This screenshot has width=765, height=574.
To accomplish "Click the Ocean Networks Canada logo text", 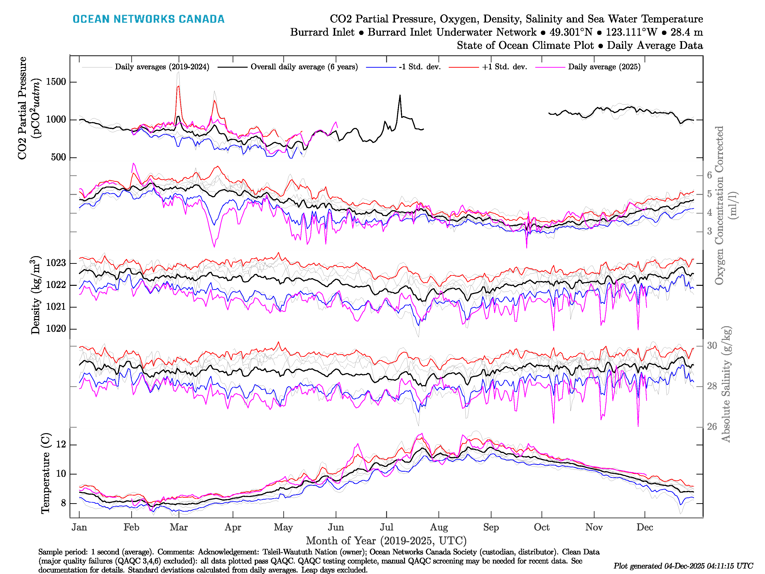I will (148, 19).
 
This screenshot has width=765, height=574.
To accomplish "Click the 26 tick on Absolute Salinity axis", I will (712, 427).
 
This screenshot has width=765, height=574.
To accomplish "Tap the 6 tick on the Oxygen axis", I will (709, 175).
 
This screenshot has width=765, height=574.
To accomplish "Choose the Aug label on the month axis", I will (439, 528).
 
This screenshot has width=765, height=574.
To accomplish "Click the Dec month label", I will (645, 528).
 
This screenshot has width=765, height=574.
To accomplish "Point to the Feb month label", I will (131, 528).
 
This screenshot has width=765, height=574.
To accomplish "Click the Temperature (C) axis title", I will (46, 473).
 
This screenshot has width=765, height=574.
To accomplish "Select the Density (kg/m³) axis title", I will (36, 295).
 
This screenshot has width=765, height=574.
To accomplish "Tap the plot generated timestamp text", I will (683, 566).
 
